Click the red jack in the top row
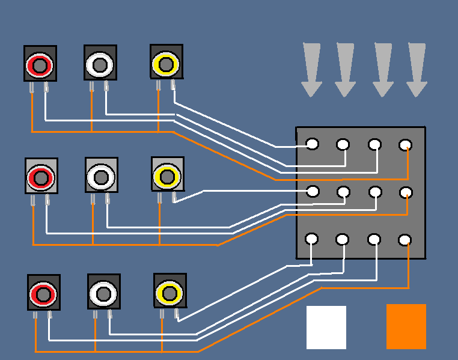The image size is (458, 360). click(40, 64)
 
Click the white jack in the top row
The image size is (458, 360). click(100, 63)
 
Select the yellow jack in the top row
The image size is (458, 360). click(165, 63)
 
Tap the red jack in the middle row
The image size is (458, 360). click(41, 177)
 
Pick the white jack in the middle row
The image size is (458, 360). click(101, 176)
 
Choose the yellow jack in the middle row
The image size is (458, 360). click(166, 175)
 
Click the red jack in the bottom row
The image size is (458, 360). click(43, 293)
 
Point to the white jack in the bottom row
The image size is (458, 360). click(103, 293)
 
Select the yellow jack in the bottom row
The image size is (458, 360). click(169, 292)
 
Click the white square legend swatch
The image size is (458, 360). click(326, 327)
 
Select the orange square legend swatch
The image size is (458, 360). click(406, 326)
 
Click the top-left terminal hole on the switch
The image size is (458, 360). click(313, 144)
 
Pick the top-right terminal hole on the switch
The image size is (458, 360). click(406, 145)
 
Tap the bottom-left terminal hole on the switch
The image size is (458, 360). click(312, 239)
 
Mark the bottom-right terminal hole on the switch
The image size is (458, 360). click(405, 240)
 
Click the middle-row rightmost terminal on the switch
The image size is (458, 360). click(406, 192)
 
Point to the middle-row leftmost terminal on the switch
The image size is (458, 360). click(313, 191)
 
